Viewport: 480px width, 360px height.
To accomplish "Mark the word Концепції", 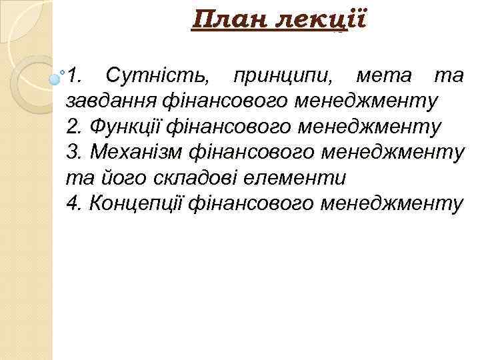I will click(138, 204).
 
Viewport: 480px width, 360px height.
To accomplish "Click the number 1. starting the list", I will click(75, 75).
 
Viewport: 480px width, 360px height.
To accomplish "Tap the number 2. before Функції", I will click(74, 127).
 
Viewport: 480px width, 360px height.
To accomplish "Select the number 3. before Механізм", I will click(74, 153).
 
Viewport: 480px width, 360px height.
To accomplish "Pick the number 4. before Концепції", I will click(74, 204).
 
